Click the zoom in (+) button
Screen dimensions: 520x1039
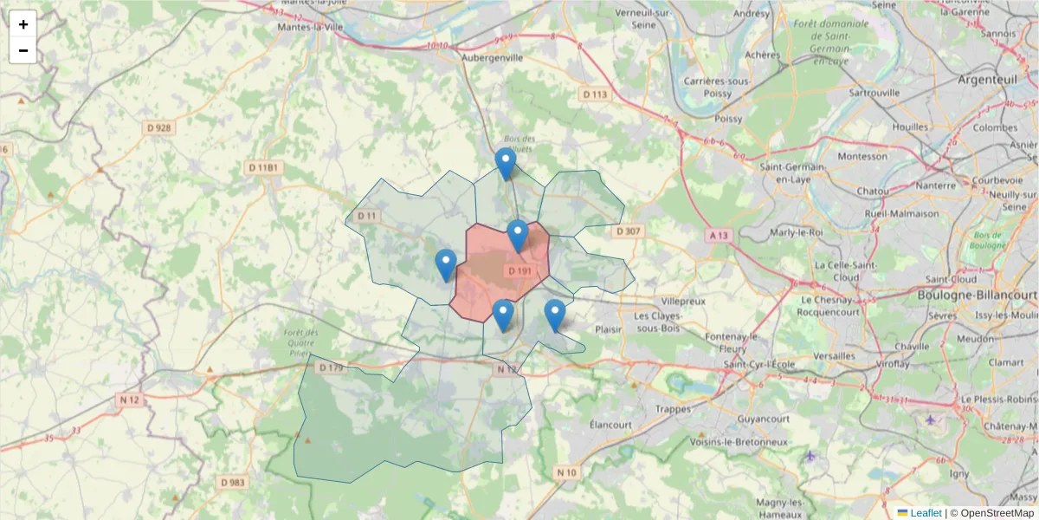[23, 24]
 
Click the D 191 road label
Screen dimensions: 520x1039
[520, 271]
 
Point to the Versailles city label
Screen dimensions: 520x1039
[835, 355]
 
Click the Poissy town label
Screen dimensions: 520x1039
[729, 119]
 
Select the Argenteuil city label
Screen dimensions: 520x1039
[986, 80]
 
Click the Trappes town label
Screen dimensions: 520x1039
[674, 408]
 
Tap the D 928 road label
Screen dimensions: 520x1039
[159, 127]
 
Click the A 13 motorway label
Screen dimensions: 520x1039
[719, 235]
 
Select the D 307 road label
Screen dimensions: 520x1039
[629, 231]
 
